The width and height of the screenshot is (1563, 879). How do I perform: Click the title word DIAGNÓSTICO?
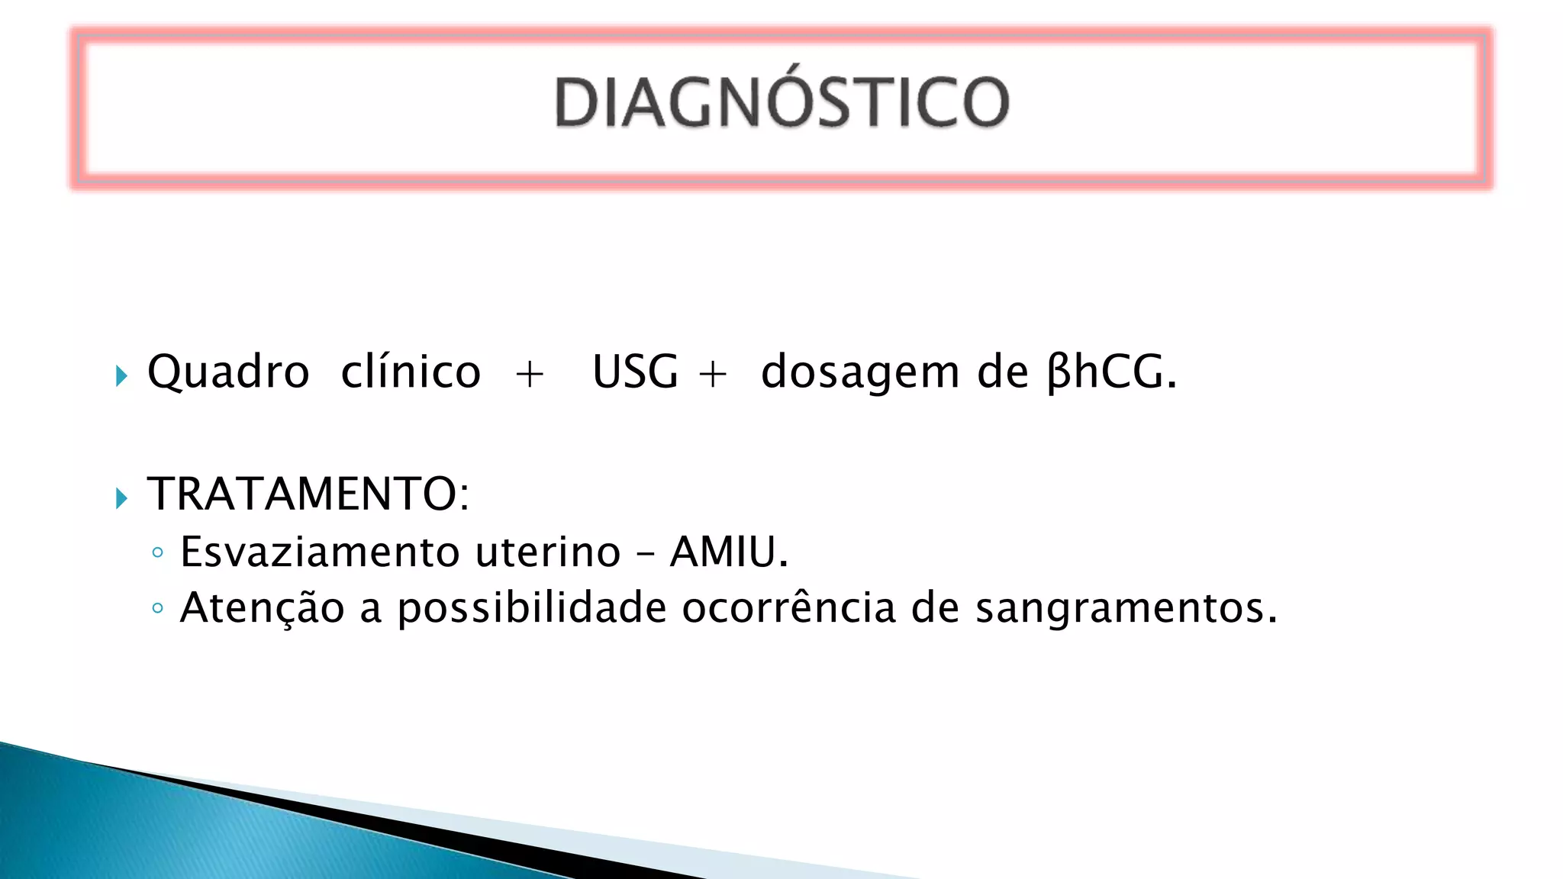coord(781,103)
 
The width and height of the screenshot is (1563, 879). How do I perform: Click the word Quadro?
coord(228,372)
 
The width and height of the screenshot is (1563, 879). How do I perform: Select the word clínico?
coord(411,372)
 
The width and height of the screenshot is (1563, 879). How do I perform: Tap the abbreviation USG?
coord(635,372)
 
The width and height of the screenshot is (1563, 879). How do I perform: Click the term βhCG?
coord(1111,372)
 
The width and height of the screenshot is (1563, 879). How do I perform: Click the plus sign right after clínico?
coord(530,375)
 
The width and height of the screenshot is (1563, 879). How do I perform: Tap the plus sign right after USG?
coord(713,375)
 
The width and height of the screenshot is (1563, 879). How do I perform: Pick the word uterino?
coord(548,552)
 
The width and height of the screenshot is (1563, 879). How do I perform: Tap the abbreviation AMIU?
coord(728,552)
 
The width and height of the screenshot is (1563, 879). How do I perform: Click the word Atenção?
coord(263,608)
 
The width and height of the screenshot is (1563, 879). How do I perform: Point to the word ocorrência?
coord(788,608)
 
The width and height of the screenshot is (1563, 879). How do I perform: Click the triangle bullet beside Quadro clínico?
coord(121,375)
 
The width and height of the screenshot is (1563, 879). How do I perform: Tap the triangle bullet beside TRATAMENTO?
coord(121,498)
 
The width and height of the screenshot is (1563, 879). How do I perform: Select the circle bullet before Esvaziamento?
coord(157,552)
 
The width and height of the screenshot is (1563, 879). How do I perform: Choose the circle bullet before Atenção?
coord(157,608)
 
